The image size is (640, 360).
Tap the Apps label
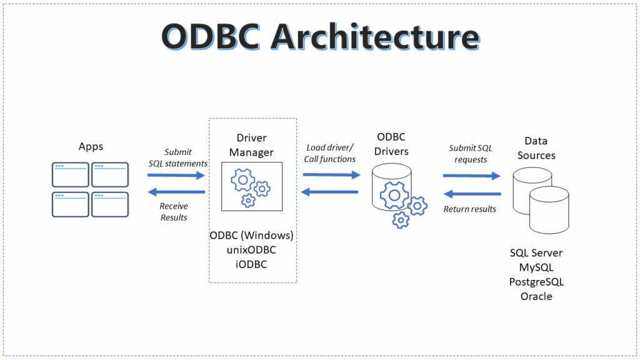tap(91, 146)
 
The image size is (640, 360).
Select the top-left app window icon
tap(70, 174)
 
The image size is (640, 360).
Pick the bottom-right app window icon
tap(110, 204)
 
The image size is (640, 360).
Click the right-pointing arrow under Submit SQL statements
tap(176, 176)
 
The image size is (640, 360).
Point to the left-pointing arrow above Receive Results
tap(176, 192)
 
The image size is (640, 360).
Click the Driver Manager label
tap(252, 144)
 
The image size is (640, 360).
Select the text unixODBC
tap(252, 249)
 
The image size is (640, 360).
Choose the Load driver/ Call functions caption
tap(329, 153)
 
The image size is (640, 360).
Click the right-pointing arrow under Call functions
tap(332, 176)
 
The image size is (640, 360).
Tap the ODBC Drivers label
tap(392, 144)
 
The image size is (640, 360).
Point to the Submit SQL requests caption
tap(471, 154)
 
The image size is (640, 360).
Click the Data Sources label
tap(536, 148)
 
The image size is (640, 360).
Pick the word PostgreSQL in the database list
tap(536, 282)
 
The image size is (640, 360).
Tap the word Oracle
tap(536, 296)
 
